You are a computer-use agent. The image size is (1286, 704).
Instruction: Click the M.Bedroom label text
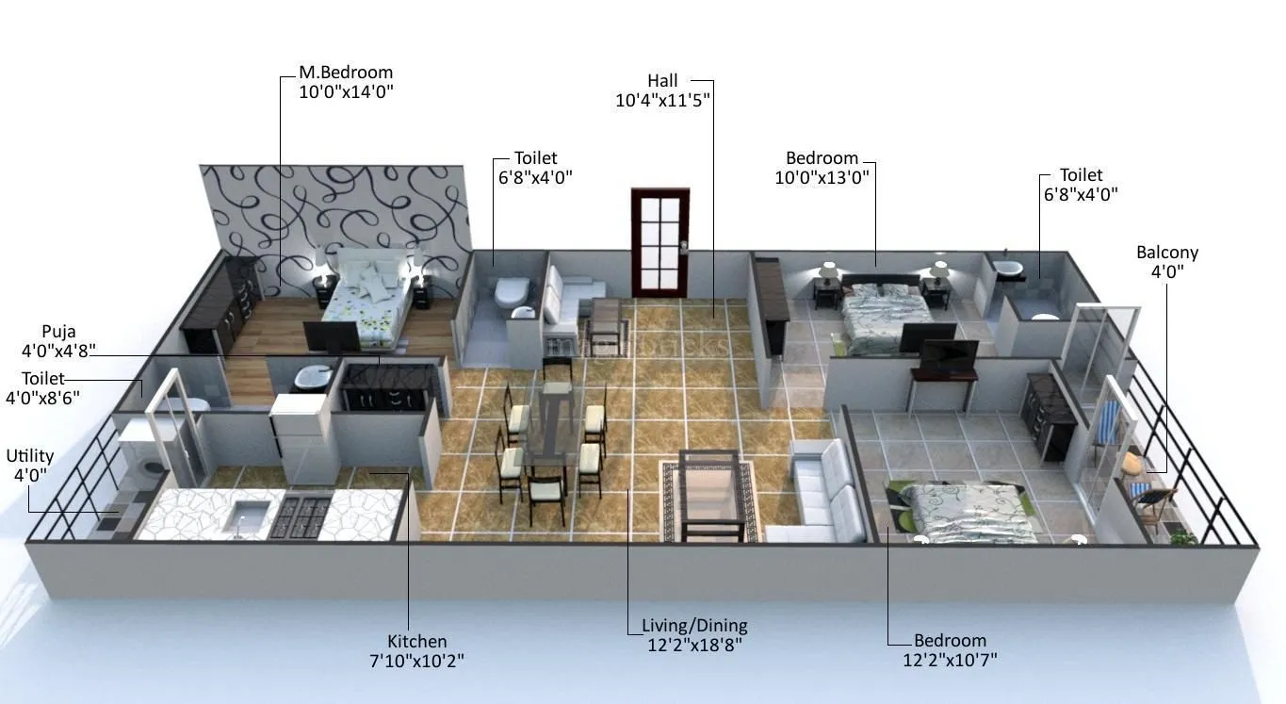pos(346,73)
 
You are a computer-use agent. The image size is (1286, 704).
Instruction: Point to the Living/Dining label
pos(694,625)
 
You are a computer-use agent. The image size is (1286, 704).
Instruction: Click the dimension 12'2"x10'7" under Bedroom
pos(950,659)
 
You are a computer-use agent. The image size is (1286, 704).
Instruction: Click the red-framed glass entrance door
pos(659,242)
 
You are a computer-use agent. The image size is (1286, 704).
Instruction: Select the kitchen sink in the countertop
pos(249,516)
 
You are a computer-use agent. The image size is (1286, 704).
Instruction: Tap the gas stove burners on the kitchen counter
pos(300,516)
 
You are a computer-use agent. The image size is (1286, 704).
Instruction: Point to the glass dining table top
pos(550,443)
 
